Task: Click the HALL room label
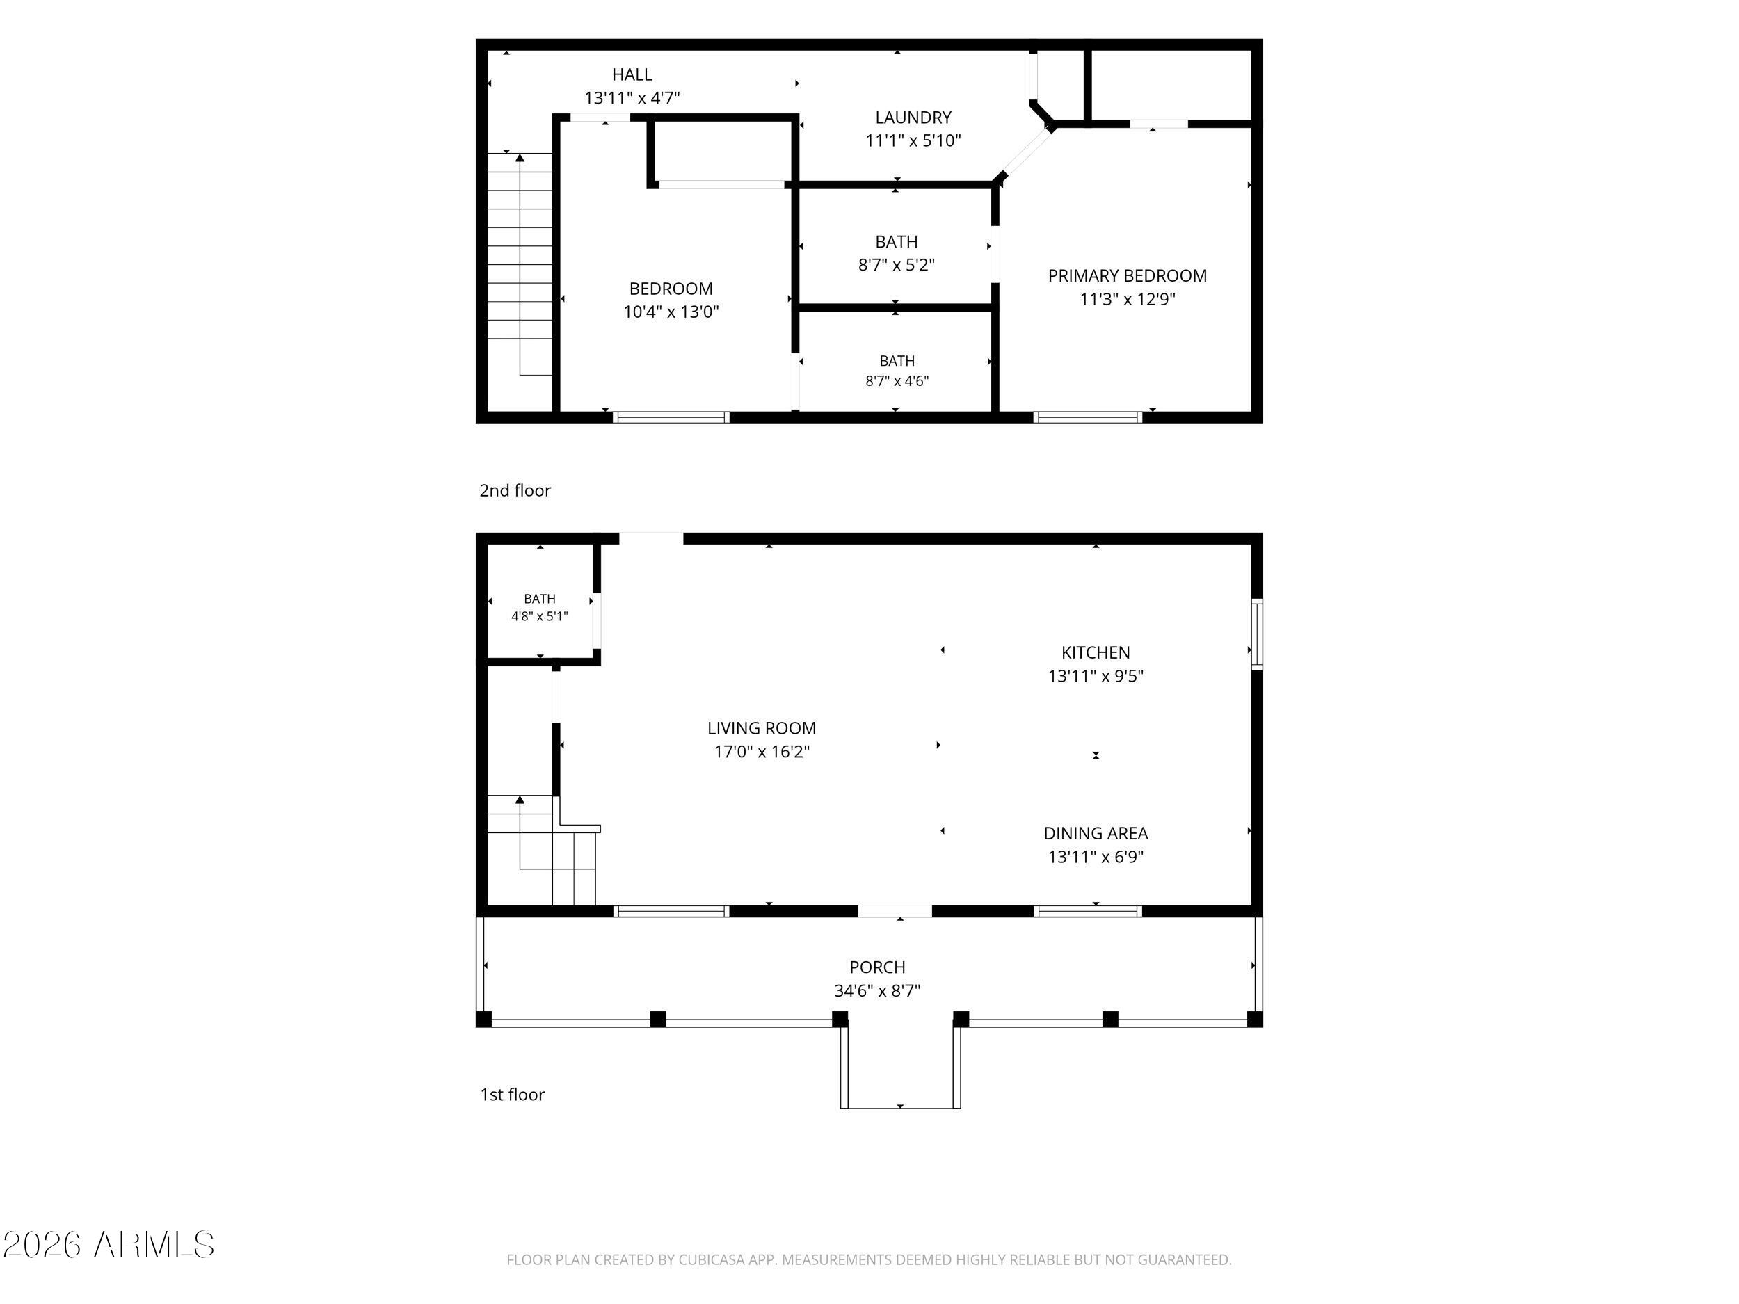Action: [632, 74]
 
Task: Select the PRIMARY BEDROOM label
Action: [1128, 276]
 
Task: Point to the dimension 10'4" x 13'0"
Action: [671, 312]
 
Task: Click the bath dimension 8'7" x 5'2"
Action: [896, 265]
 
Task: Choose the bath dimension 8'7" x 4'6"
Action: [897, 381]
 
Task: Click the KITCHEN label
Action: [1096, 652]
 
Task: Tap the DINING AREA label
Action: [1096, 833]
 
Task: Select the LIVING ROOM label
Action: [762, 729]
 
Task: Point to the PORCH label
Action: [877, 967]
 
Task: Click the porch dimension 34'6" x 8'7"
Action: [877, 991]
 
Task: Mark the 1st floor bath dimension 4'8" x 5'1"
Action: [539, 616]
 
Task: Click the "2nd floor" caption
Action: [515, 490]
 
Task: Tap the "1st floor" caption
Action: [513, 1095]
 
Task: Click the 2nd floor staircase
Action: [520, 265]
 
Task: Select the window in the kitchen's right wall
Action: [1256, 634]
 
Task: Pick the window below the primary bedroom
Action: [1088, 417]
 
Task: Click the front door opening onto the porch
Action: [895, 912]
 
